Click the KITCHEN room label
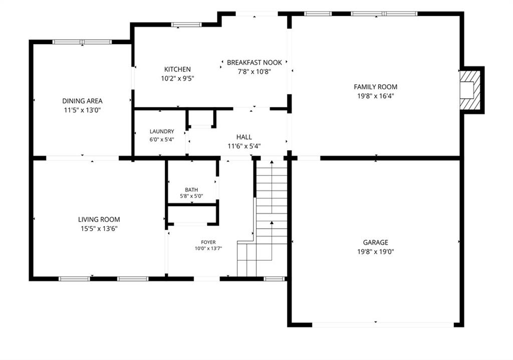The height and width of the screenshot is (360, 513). pos(177,70)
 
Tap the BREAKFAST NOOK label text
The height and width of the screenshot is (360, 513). pos(254,63)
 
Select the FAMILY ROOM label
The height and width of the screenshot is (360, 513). pos(376,87)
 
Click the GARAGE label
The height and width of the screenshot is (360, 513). pos(376,242)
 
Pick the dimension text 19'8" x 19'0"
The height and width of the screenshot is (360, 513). pos(376,252)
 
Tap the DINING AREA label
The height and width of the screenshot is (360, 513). pos(83,101)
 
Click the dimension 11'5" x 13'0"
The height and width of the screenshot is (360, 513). pos(82,110)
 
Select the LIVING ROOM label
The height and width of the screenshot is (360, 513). pos(99,220)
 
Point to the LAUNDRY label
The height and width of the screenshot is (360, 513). pos(162,131)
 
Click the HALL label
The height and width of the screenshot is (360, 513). pos(244,137)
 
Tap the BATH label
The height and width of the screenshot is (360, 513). pos(191,190)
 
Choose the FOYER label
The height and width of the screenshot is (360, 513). pos(208,242)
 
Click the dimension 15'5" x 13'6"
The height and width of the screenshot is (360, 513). pos(99,229)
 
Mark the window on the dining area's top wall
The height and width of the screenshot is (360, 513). pos(82,42)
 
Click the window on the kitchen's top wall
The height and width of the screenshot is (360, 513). pos(186,25)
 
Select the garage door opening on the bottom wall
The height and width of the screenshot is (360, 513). pos(383,324)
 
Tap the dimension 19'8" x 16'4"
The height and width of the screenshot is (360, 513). pos(376,96)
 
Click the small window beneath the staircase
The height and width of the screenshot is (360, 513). pos(274,279)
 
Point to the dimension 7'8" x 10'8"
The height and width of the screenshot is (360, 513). pos(254,72)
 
